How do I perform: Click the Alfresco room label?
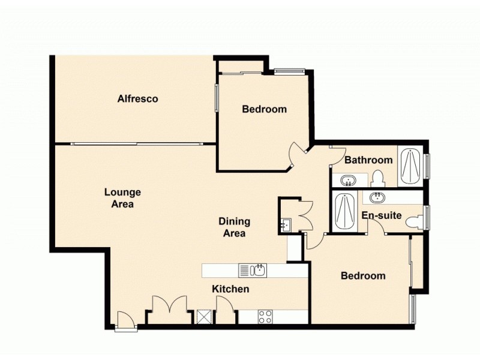pos(137,98)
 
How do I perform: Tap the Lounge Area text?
pos(122,198)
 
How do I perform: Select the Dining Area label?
pos(234,227)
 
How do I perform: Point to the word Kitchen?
pos(230,289)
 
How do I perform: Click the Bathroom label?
pos(368,160)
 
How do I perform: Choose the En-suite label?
pos(381,215)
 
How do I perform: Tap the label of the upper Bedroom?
pos(264,109)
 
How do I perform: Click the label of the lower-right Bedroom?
pos(362,276)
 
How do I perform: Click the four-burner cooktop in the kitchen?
pos(265,316)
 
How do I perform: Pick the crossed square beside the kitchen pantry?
pos(204,317)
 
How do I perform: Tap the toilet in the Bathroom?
pos(377,178)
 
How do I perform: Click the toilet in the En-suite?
pos(414,222)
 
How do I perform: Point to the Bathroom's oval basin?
pos(348,179)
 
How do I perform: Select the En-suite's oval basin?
pos(378,198)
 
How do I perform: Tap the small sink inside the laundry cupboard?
pos(285,225)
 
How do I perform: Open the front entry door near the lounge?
pos(125,321)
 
